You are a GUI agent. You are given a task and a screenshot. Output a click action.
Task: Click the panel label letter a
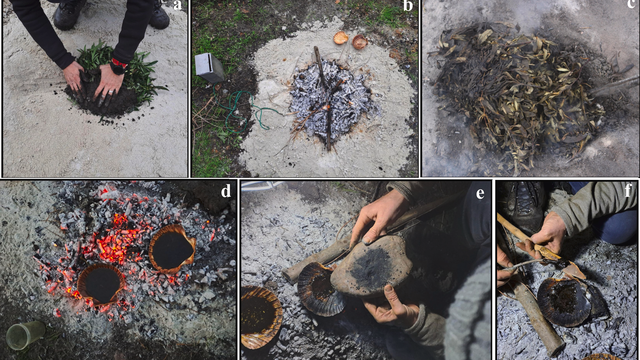(177, 5)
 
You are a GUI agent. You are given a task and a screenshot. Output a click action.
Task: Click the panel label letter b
(408, 6)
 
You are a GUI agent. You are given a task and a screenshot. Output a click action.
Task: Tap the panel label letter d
(226, 191)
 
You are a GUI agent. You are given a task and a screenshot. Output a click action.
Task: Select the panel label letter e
(480, 193)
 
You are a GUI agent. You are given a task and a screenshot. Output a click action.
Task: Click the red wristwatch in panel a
(119, 66)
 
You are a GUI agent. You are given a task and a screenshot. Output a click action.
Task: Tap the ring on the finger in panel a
(111, 93)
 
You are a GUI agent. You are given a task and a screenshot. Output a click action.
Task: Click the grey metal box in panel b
(209, 68)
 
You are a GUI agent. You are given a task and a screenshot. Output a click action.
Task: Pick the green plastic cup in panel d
(25, 335)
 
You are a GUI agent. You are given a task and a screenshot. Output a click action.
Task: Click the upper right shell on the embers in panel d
(172, 248)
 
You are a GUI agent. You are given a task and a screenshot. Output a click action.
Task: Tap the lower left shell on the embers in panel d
(101, 284)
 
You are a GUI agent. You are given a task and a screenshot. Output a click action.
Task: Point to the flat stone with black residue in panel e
(371, 264)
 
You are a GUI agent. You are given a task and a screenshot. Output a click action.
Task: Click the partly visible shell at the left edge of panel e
(260, 317)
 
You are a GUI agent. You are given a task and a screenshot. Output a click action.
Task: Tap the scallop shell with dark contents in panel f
(564, 303)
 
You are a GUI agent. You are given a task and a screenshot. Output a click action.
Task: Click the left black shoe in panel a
(69, 15)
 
